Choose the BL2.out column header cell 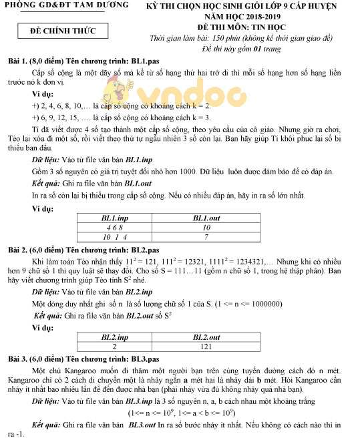click(x=205, y=338)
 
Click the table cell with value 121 click(x=205, y=347)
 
